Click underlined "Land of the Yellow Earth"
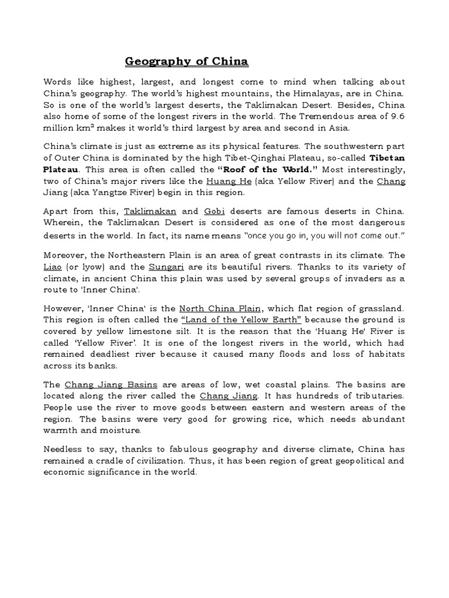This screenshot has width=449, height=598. [241, 319]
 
